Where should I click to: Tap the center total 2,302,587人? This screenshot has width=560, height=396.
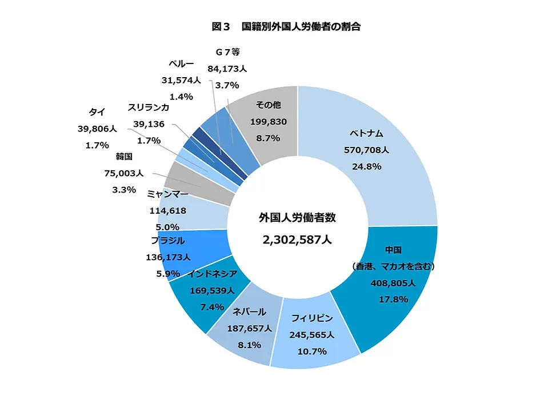click(297, 241)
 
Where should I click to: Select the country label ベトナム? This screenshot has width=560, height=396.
click(366, 135)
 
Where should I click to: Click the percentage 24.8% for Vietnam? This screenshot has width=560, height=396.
click(366, 167)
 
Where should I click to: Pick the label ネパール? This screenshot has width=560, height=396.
click(249, 312)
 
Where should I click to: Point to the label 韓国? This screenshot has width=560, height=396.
click(125, 156)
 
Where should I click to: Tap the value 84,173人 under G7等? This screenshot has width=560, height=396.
click(227, 69)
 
